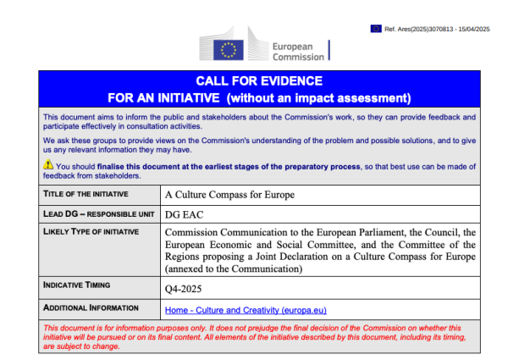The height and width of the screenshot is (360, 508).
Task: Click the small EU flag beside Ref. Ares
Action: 375,28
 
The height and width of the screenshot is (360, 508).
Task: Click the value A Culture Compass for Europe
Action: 229,195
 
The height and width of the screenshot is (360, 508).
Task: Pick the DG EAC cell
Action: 185,215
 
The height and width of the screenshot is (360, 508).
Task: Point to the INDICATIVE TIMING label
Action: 82,285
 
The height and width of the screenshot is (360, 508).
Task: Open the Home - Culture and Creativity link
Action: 246,311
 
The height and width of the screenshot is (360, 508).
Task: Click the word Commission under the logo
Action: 297,58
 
